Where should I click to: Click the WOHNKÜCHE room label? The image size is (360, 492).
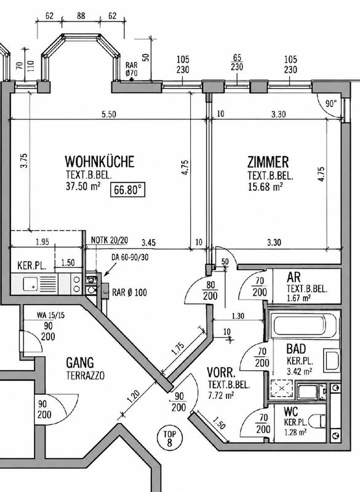[x=100, y=162]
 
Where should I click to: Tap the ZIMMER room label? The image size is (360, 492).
[x=268, y=162]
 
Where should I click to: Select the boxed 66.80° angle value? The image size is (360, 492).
[x=128, y=190]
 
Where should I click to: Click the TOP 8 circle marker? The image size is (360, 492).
[x=169, y=438]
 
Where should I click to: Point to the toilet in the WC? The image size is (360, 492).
[x=318, y=421]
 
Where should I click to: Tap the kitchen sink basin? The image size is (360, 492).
[x=30, y=284]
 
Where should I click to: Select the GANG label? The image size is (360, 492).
[x=80, y=363]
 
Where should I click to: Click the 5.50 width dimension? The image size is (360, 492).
[x=109, y=114]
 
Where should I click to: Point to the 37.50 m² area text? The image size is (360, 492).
[x=83, y=186]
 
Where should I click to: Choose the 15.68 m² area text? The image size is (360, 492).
[x=265, y=187]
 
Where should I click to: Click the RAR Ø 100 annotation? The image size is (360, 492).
[x=129, y=293]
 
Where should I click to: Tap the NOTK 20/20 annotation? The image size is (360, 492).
[x=110, y=240]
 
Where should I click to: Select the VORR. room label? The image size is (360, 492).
[x=221, y=373]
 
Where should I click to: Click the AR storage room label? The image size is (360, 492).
[x=294, y=277]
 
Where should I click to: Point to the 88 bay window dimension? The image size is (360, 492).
[x=81, y=16]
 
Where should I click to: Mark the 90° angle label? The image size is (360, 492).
[x=331, y=103]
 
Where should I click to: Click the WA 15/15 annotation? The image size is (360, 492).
[x=50, y=315]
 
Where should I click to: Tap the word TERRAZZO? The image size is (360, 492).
[x=86, y=376]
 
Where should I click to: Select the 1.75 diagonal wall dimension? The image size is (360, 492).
[x=178, y=348]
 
